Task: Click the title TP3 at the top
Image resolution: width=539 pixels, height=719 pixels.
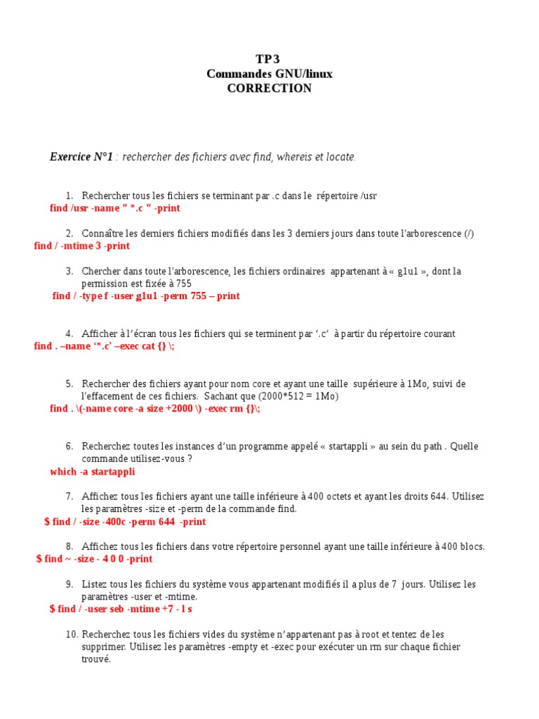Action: [x=269, y=59]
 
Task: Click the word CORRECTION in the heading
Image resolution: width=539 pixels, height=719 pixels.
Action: [x=269, y=88]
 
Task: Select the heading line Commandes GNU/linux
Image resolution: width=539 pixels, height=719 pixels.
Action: [x=269, y=74]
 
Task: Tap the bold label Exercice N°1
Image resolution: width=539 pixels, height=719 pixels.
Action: [x=81, y=157]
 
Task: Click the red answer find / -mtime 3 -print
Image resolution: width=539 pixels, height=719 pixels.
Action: [x=82, y=246]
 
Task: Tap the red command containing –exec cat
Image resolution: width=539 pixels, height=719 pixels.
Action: [x=104, y=346]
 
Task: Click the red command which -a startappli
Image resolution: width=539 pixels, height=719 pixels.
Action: [x=93, y=471]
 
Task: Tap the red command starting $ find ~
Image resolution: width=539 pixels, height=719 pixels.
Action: [x=94, y=559]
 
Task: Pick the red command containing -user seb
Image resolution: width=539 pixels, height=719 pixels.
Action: [x=121, y=609]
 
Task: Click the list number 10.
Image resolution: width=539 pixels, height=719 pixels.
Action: [x=72, y=634]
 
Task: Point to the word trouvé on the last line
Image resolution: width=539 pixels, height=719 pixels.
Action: [x=96, y=659]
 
